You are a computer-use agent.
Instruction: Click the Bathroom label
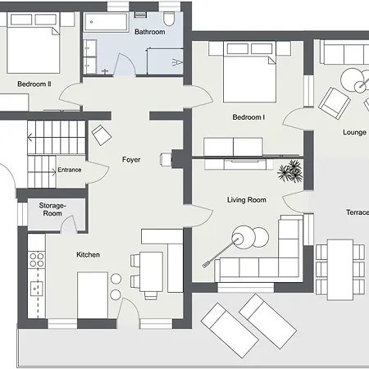click(150, 32)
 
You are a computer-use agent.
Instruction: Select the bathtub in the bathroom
click(106, 22)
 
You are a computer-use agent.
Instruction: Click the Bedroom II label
click(34, 84)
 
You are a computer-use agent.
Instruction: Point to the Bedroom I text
click(248, 117)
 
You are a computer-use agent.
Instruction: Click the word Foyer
click(131, 160)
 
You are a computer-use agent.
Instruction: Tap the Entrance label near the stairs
click(70, 170)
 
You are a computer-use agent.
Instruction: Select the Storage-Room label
click(52, 209)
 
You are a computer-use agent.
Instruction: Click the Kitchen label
click(88, 255)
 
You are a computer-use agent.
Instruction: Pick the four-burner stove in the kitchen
click(37, 260)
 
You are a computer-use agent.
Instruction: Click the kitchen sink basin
click(36, 289)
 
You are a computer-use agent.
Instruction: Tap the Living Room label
click(247, 200)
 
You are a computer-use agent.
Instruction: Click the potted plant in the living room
click(290, 171)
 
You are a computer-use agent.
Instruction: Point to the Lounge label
click(354, 133)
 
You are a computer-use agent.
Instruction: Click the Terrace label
click(358, 212)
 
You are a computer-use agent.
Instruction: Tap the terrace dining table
click(340, 270)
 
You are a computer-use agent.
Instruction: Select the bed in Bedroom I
click(249, 72)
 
